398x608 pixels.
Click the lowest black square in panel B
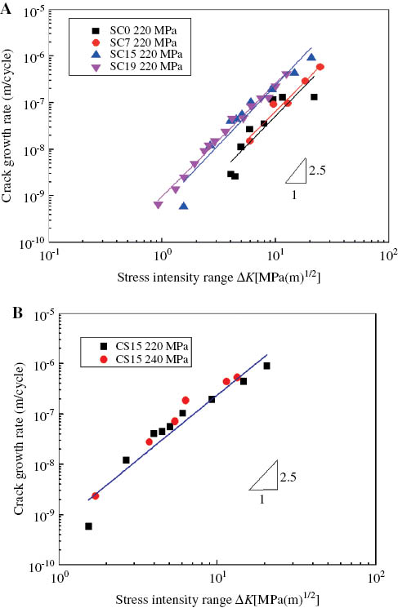point(88,526)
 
